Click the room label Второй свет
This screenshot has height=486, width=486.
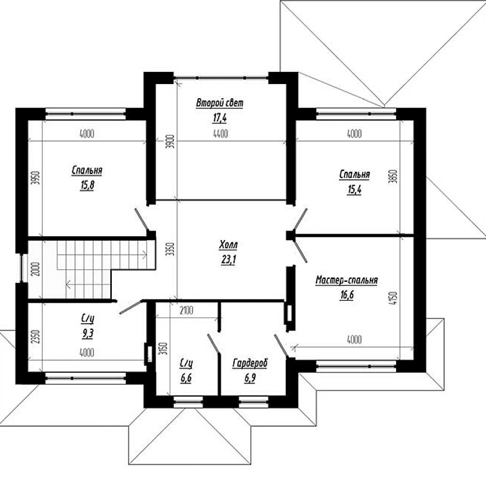220,103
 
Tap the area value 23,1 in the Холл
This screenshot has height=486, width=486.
228,259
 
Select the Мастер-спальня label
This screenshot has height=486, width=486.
347,280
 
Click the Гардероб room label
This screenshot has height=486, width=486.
250,363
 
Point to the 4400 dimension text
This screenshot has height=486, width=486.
221,134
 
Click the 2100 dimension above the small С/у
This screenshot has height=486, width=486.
186,310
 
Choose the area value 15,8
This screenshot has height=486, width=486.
87,185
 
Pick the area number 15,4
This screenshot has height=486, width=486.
355,190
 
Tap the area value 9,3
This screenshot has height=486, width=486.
87,333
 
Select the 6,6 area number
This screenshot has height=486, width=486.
186,378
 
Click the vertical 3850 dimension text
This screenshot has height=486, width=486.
393,176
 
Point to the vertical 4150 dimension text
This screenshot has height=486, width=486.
393,298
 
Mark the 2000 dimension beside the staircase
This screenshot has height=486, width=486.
35,269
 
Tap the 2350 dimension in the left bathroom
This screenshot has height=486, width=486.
35,336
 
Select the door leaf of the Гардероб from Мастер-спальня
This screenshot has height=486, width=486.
281,345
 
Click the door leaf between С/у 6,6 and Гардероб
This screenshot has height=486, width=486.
213,344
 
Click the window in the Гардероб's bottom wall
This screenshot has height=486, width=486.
254,402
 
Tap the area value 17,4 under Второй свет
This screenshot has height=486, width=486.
220,118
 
